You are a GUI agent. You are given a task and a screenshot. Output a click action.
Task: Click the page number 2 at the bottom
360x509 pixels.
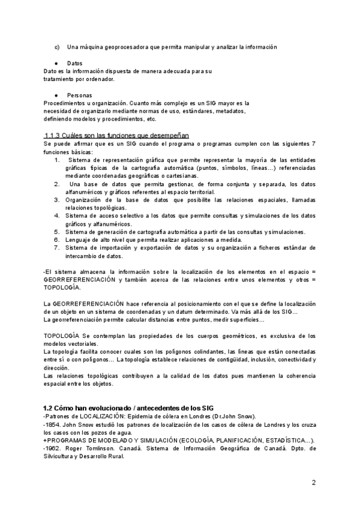tap(313, 482)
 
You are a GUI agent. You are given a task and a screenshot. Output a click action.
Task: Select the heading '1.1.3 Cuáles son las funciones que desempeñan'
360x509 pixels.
tap(116, 136)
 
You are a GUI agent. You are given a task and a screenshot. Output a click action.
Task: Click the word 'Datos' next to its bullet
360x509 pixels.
tap(75, 63)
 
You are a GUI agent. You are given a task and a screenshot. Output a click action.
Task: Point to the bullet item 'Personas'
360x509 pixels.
tap(79, 95)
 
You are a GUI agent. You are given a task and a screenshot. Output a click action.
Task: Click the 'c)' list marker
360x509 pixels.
tap(57, 47)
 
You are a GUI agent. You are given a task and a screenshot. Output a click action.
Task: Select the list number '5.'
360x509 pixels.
tap(57, 232)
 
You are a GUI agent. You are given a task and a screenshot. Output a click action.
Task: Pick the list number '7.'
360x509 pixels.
tap(57, 247)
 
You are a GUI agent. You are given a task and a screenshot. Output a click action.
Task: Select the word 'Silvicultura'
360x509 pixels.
tap(62, 456)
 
